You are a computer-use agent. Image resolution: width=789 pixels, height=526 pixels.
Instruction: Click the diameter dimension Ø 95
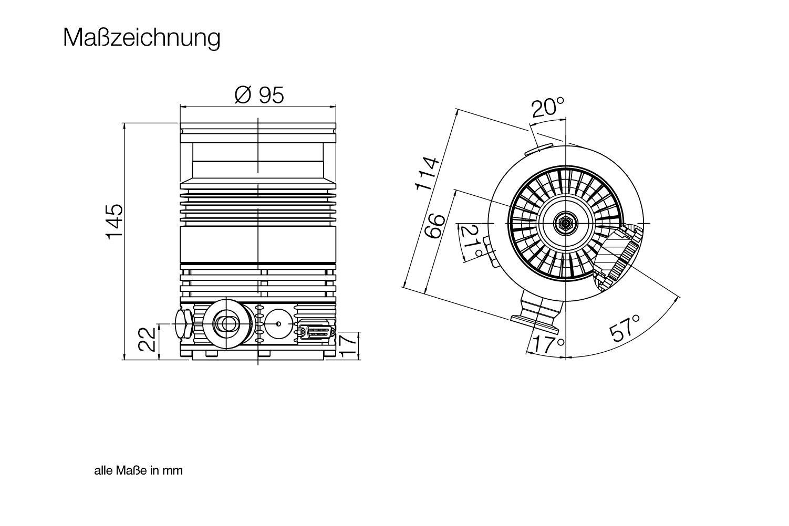point(259,95)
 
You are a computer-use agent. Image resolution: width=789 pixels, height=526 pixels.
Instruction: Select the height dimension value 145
point(115,222)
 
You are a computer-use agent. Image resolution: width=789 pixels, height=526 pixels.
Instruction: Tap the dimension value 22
point(147,339)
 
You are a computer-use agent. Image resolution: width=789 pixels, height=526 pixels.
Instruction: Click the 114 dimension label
point(427,174)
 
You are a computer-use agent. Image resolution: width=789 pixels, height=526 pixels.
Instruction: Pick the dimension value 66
point(434,226)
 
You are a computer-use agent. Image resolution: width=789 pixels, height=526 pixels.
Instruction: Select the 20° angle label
point(548,107)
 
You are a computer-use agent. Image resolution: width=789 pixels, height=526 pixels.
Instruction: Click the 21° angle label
point(471,241)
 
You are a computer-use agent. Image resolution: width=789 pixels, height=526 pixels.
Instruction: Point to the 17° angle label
point(548,344)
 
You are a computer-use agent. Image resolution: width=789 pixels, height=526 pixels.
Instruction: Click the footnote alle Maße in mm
point(139,471)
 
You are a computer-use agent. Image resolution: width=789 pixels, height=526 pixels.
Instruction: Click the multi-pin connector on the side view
point(316,332)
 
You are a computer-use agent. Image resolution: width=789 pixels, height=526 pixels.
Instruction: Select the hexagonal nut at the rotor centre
point(565,223)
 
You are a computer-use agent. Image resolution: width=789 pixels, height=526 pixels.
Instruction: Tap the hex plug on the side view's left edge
point(183,324)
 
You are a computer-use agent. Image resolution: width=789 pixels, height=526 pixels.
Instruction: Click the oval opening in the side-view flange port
point(226,323)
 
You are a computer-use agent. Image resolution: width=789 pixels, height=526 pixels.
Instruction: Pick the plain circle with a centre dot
point(278,324)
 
